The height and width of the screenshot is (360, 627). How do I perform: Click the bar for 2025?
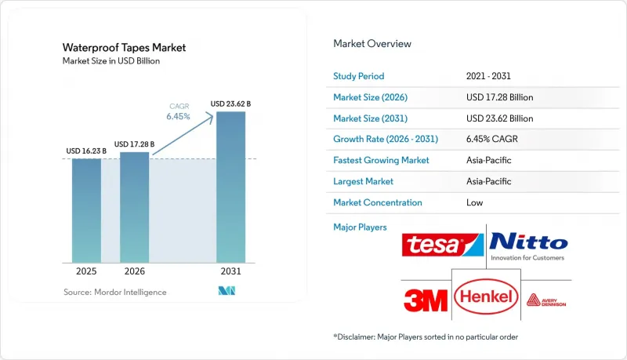pos(86,211)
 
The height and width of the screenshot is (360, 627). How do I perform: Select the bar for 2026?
pos(134,207)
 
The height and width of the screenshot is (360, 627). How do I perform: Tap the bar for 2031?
pos(230,187)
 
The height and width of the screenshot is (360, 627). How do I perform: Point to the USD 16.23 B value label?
pos(86,151)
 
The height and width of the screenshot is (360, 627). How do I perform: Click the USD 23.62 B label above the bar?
pos(230,104)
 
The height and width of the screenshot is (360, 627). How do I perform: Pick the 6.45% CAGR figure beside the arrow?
pos(179,116)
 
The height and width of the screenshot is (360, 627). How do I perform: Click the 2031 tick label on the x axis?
pos(230,271)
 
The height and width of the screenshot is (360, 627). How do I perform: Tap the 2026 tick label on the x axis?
pos(134,271)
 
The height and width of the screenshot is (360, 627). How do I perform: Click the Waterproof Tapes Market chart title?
pos(124,48)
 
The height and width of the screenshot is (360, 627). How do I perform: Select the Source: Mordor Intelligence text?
pos(114,292)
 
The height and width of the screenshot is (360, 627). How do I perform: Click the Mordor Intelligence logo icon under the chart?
pos(227,291)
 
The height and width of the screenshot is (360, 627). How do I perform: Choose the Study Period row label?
pos(359,76)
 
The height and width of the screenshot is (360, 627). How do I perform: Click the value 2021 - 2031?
pos(488,76)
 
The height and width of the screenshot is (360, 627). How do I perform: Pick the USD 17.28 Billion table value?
pos(499,97)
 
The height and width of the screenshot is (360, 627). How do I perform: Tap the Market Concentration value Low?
pos(475,202)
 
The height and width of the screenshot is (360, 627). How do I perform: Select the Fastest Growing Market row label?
pos(381,160)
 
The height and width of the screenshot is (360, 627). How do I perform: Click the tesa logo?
pos(443,245)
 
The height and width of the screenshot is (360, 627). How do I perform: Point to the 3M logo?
pos(426,300)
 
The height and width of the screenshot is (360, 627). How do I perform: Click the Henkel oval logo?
pos(486,296)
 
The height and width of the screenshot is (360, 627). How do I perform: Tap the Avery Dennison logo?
pos(546,300)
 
